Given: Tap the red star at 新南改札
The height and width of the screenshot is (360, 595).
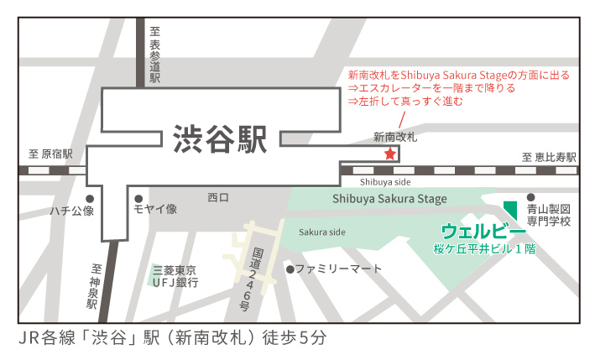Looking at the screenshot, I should click(389, 154).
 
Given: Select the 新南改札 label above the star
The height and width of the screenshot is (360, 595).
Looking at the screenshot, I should click(394, 136).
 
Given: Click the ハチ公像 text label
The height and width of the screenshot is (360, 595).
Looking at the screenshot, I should click(72, 210).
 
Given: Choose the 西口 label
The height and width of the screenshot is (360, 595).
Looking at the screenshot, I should click(218, 198).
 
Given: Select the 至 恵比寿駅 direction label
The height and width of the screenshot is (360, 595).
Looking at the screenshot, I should click(549, 156).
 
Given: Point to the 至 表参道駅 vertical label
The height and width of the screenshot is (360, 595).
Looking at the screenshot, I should click(154, 54).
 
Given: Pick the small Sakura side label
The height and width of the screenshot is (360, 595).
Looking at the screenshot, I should click(321, 232).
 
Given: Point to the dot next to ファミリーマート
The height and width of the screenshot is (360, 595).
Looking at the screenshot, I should click(290, 269).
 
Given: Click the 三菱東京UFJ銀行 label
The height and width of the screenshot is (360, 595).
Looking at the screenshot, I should click(175, 276).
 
